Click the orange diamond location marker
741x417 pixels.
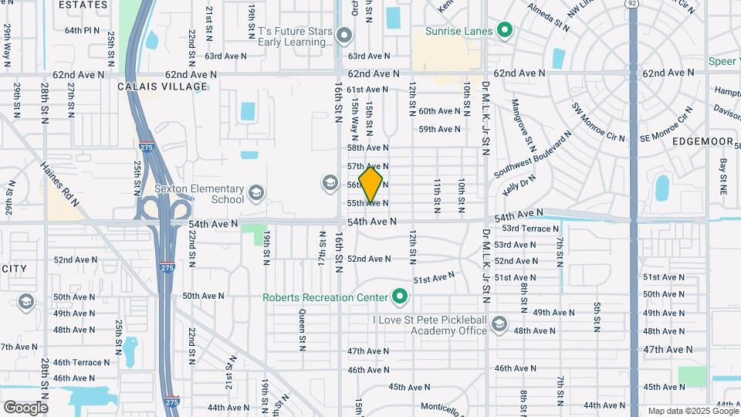[x=370, y=185]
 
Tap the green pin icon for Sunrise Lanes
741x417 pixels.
[x=505, y=31]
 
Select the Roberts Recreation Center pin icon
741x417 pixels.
[x=400, y=297]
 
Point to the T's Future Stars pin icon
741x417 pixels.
[x=345, y=36]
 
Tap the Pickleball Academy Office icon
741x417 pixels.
[x=499, y=324]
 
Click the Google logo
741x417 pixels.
[x=25, y=407]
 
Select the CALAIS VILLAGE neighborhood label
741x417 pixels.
[x=163, y=86]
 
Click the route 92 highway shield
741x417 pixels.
[x=632, y=4]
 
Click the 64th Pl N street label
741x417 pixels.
[x=83, y=31]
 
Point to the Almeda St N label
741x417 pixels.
[x=550, y=17]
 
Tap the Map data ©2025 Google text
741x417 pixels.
[x=692, y=411]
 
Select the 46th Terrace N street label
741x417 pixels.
[x=82, y=362]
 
